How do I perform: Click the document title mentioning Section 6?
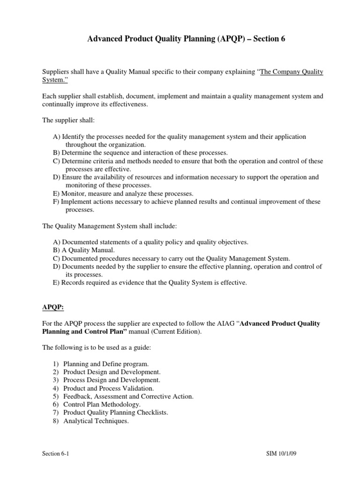[x=186, y=40]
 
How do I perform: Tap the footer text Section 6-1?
[x=55, y=455]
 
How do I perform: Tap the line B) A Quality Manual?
[x=83, y=250]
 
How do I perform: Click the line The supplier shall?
[x=68, y=120]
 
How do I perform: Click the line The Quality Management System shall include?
[x=110, y=226]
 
